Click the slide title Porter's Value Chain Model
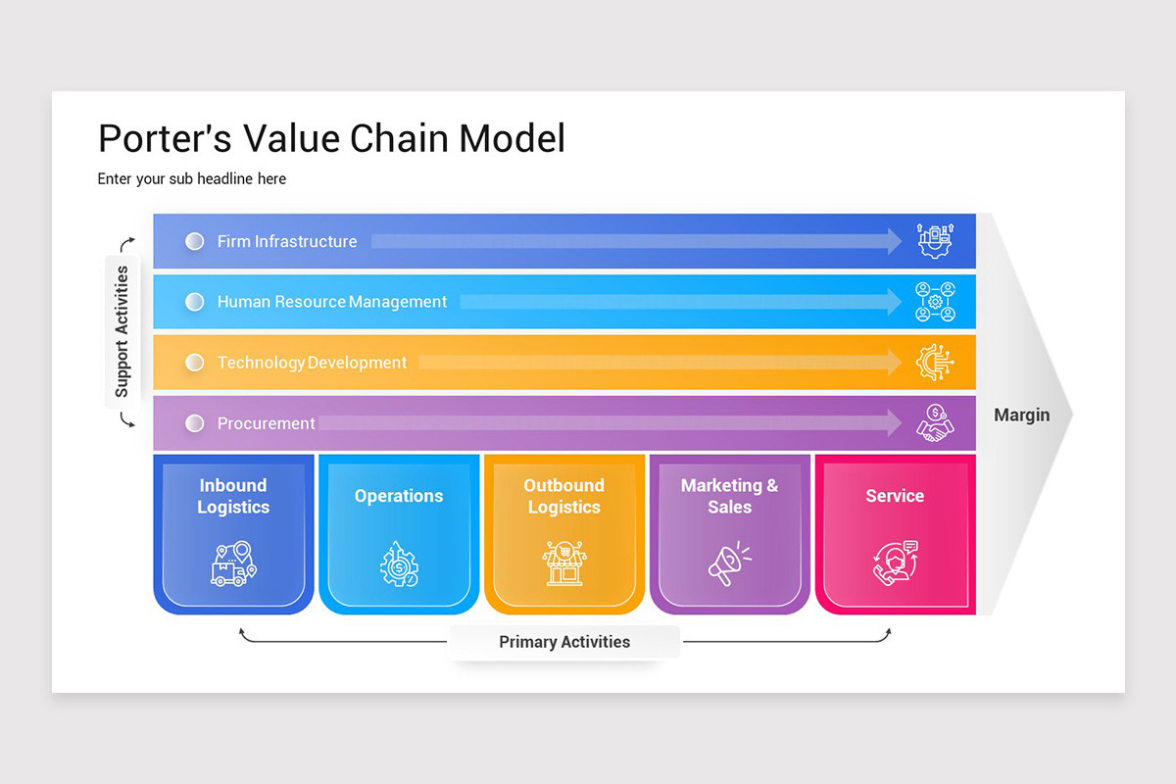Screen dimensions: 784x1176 [331, 138]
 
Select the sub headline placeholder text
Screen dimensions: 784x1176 [192, 179]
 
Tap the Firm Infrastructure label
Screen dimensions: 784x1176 [287, 241]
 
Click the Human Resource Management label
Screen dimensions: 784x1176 [332, 302]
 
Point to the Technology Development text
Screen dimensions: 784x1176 [312, 363]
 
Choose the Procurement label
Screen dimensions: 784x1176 [267, 423]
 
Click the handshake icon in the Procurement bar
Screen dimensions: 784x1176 [934, 422]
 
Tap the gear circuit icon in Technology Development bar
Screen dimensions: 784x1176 [934, 363]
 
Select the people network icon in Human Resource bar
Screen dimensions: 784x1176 [934, 302]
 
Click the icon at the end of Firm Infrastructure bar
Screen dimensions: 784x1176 [934, 241]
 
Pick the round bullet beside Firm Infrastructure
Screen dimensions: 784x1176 [195, 241]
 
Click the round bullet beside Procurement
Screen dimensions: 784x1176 [195, 423]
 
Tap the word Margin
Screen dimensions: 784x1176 [1021, 415]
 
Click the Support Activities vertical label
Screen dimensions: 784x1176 [122, 331]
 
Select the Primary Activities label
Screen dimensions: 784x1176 [564, 642]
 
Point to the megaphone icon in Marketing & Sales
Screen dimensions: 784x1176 [729, 564]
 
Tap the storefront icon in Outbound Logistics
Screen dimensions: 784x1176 [563, 563]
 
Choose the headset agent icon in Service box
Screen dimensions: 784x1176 [895, 563]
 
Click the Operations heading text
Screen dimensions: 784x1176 [399, 496]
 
